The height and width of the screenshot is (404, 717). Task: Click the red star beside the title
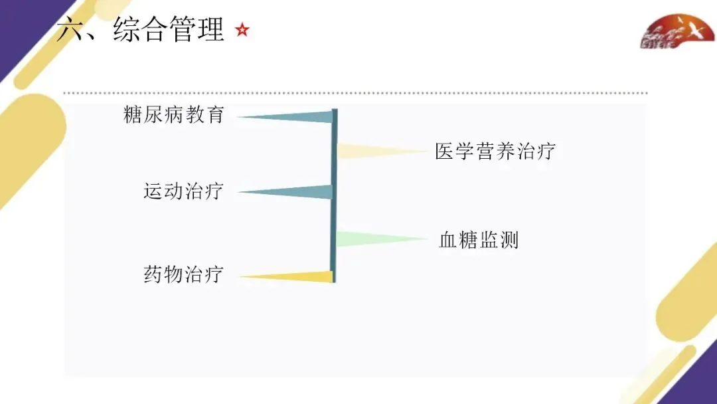pos(242,30)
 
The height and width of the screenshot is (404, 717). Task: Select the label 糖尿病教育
pos(174,115)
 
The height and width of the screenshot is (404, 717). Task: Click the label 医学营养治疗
pos(495,151)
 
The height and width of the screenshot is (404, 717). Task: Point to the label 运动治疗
pos(183,191)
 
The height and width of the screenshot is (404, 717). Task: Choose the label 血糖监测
pos(478,240)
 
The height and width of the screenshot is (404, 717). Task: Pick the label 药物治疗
pos(183,274)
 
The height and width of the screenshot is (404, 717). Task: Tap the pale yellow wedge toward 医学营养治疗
pos(365,151)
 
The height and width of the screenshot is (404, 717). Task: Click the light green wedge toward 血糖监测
pos(365,239)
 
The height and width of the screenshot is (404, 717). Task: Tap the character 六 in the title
pos(69,30)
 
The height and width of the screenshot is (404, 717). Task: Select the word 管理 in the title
pos(197,30)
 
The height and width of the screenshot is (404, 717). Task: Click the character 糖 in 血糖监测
pos(468,240)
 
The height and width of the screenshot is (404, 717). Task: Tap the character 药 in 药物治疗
pos(153,274)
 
